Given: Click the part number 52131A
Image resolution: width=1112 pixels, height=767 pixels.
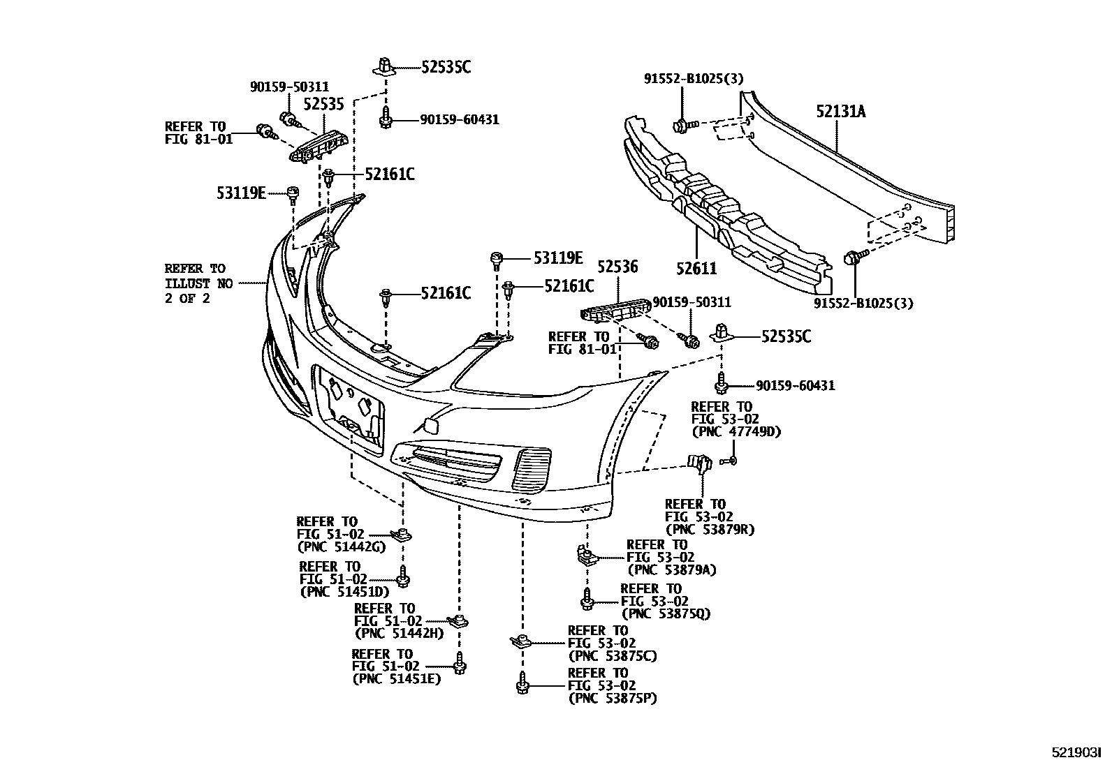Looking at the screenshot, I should click(x=840, y=111).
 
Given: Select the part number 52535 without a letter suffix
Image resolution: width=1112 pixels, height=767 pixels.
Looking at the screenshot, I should click(x=323, y=105).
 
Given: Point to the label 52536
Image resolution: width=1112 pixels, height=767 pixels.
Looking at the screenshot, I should click(x=617, y=267).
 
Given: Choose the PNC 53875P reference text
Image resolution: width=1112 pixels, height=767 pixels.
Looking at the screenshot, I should click(x=613, y=698).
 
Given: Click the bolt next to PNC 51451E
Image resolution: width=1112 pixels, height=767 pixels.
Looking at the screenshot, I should click(x=459, y=662).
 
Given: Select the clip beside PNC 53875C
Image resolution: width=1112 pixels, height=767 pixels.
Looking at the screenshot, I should click(x=519, y=641).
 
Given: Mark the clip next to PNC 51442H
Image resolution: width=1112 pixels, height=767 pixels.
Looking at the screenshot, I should click(x=458, y=621).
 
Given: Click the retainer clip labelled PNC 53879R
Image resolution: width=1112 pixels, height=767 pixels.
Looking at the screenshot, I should click(x=699, y=463).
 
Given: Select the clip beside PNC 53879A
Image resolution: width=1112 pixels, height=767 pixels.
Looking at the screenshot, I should click(x=585, y=556).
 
